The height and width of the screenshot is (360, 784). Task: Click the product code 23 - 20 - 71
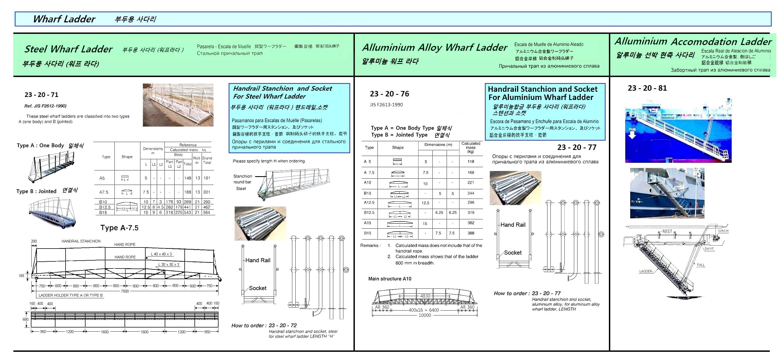click(42, 95)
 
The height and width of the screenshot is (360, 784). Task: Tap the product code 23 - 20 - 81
click(647, 88)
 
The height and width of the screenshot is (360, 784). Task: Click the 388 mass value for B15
click(471, 233)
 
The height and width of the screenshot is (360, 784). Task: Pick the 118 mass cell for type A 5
click(471, 162)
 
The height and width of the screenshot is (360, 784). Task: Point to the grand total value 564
click(207, 213)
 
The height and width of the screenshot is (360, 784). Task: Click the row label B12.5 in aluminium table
click(369, 213)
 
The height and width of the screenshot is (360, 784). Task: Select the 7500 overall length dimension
click(125, 291)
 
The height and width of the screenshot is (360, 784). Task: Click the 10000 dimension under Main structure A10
click(425, 315)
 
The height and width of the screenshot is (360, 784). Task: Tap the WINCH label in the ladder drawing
click(723, 231)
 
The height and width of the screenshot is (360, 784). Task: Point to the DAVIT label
click(709, 249)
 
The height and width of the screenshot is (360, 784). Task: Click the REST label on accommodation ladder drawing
click(667, 231)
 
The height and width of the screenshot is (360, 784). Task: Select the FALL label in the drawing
click(701, 265)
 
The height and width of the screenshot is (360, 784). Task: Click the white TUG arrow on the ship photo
click(632, 133)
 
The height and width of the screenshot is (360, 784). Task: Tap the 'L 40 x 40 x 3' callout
click(161, 254)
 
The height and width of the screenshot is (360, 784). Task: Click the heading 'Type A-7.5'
click(119, 228)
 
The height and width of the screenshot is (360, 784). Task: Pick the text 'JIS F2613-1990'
click(386, 105)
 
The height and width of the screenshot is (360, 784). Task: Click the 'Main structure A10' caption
click(390, 279)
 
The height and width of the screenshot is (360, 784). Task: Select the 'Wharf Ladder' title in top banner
click(64, 19)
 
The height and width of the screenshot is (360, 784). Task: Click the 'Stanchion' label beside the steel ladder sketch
click(243, 176)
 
